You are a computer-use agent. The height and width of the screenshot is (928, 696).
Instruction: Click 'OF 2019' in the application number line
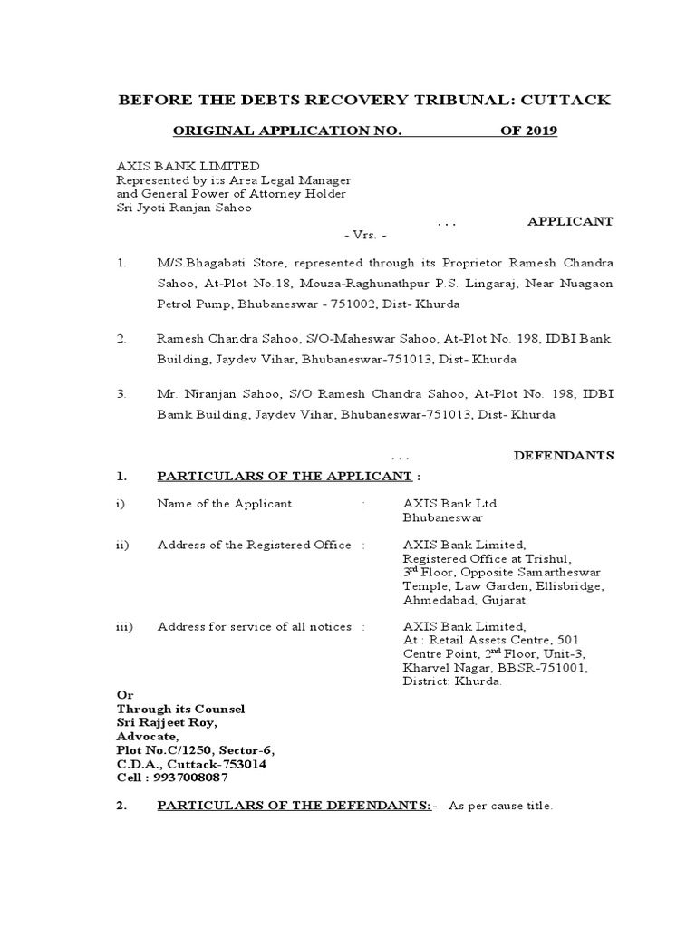tap(529, 131)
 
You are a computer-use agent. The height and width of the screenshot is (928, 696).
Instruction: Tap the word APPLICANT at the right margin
tap(571, 221)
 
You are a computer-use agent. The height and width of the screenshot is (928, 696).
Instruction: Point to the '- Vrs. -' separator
tap(366, 235)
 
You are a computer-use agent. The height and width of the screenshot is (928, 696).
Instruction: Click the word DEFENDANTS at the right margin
tap(564, 456)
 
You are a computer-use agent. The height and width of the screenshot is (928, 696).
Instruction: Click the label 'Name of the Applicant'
tap(225, 503)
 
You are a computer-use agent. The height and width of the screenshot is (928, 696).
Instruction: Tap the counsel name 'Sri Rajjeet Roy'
tap(167, 722)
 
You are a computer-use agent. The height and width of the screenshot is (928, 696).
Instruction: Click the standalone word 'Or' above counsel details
tap(123, 694)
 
